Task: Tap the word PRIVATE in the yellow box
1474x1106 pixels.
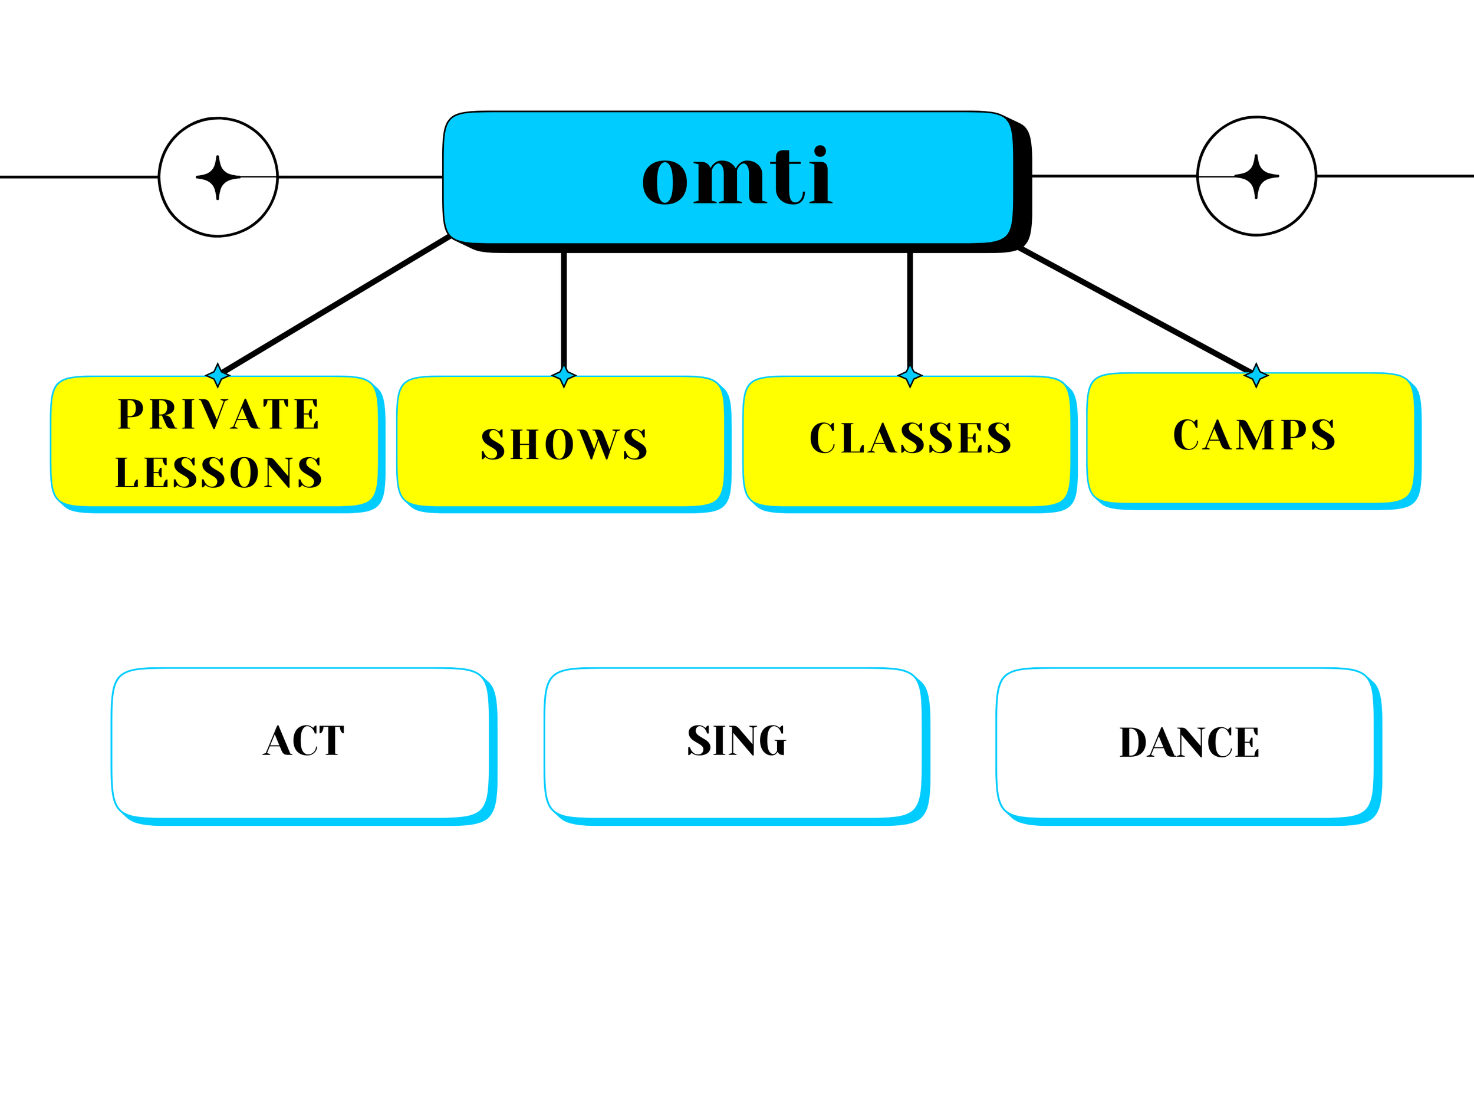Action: pyautogui.click(x=219, y=414)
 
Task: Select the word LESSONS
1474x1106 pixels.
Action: pyautogui.click(x=219, y=472)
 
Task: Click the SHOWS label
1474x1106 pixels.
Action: pyautogui.click(x=564, y=444)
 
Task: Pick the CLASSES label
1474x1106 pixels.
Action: pyautogui.click(x=910, y=438)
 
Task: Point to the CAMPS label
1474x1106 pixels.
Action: pyautogui.click(x=1254, y=435)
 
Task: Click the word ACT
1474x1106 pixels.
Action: pyautogui.click(x=304, y=740)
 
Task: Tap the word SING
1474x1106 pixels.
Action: pyautogui.click(x=737, y=740)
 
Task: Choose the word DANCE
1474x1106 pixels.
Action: pyautogui.click(x=1189, y=742)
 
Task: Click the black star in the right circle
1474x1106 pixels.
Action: pyautogui.click(x=1256, y=176)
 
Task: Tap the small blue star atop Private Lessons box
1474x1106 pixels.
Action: pyautogui.click(x=218, y=375)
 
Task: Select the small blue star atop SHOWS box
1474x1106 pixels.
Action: pyautogui.click(x=564, y=376)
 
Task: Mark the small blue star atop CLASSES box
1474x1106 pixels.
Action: pyautogui.click(x=910, y=376)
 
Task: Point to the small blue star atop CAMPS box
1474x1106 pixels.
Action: pyautogui.click(x=1256, y=375)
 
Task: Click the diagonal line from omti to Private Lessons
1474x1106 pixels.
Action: pyautogui.click(x=337, y=304)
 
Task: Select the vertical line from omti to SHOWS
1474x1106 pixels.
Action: pyautogui.click(x=564, y=310)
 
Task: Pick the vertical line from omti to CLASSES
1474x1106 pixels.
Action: pyautogui.click(x=910, y=310)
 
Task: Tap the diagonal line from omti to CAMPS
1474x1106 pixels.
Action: pyautogui.click(x=1136, y=310)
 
